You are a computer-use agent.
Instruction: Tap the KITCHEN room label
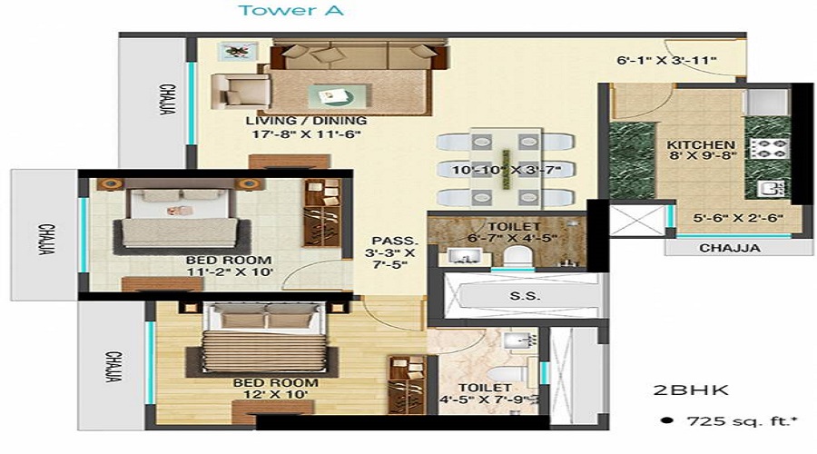point(701,144)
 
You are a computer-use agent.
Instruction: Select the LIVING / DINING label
point(306,121)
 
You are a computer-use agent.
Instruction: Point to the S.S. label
point(518,297)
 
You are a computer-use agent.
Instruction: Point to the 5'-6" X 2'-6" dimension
point(726,218)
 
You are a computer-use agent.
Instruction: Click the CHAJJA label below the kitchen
point(730,247)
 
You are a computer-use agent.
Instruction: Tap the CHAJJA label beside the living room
point(167,99)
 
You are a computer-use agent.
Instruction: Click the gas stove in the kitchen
point(768,148)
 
